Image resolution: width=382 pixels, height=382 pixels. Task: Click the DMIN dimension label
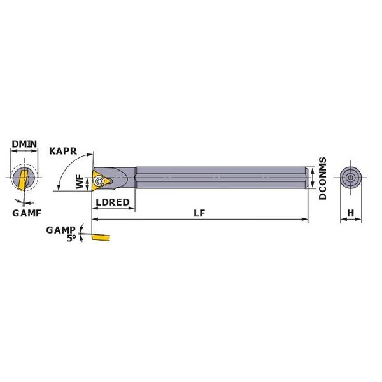[24, 144]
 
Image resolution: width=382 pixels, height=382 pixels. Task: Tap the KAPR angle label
[63, 151]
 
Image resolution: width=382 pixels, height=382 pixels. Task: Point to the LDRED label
[113, 202]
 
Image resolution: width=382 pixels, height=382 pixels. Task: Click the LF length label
[199, 213]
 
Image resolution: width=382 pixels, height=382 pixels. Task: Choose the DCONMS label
[322, 178]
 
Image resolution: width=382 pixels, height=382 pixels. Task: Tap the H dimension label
[350, 213]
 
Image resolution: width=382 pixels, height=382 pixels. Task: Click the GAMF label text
[27, 213]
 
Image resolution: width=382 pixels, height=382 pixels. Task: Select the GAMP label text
[60, 230]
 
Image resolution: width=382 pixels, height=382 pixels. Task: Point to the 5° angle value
[71, 238]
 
